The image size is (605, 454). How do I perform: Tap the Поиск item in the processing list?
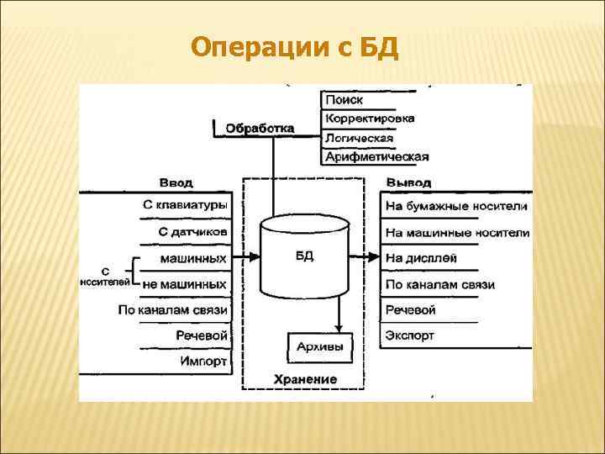click(344, 99)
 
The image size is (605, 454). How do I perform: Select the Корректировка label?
click(369, 119)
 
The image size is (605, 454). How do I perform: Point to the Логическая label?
click(359, 138)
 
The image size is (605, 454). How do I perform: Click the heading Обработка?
click(260, 129)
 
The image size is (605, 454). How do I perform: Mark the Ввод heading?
click(176, 182)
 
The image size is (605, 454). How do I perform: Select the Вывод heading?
click(409, 182)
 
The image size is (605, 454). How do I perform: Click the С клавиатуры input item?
click(186, 204)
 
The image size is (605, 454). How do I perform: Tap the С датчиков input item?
click(192, 231)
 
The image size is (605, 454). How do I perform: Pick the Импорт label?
click(203, 362)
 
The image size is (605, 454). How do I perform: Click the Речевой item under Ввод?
click(202, 335)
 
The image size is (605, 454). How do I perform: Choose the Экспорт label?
click(410, 335)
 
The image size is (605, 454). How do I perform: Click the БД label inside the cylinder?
click(305, 256)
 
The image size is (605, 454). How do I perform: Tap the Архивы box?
click(321, 346)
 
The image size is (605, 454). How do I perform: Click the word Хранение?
click(305, 379)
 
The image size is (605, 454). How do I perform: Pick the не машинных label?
click(185, 284)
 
